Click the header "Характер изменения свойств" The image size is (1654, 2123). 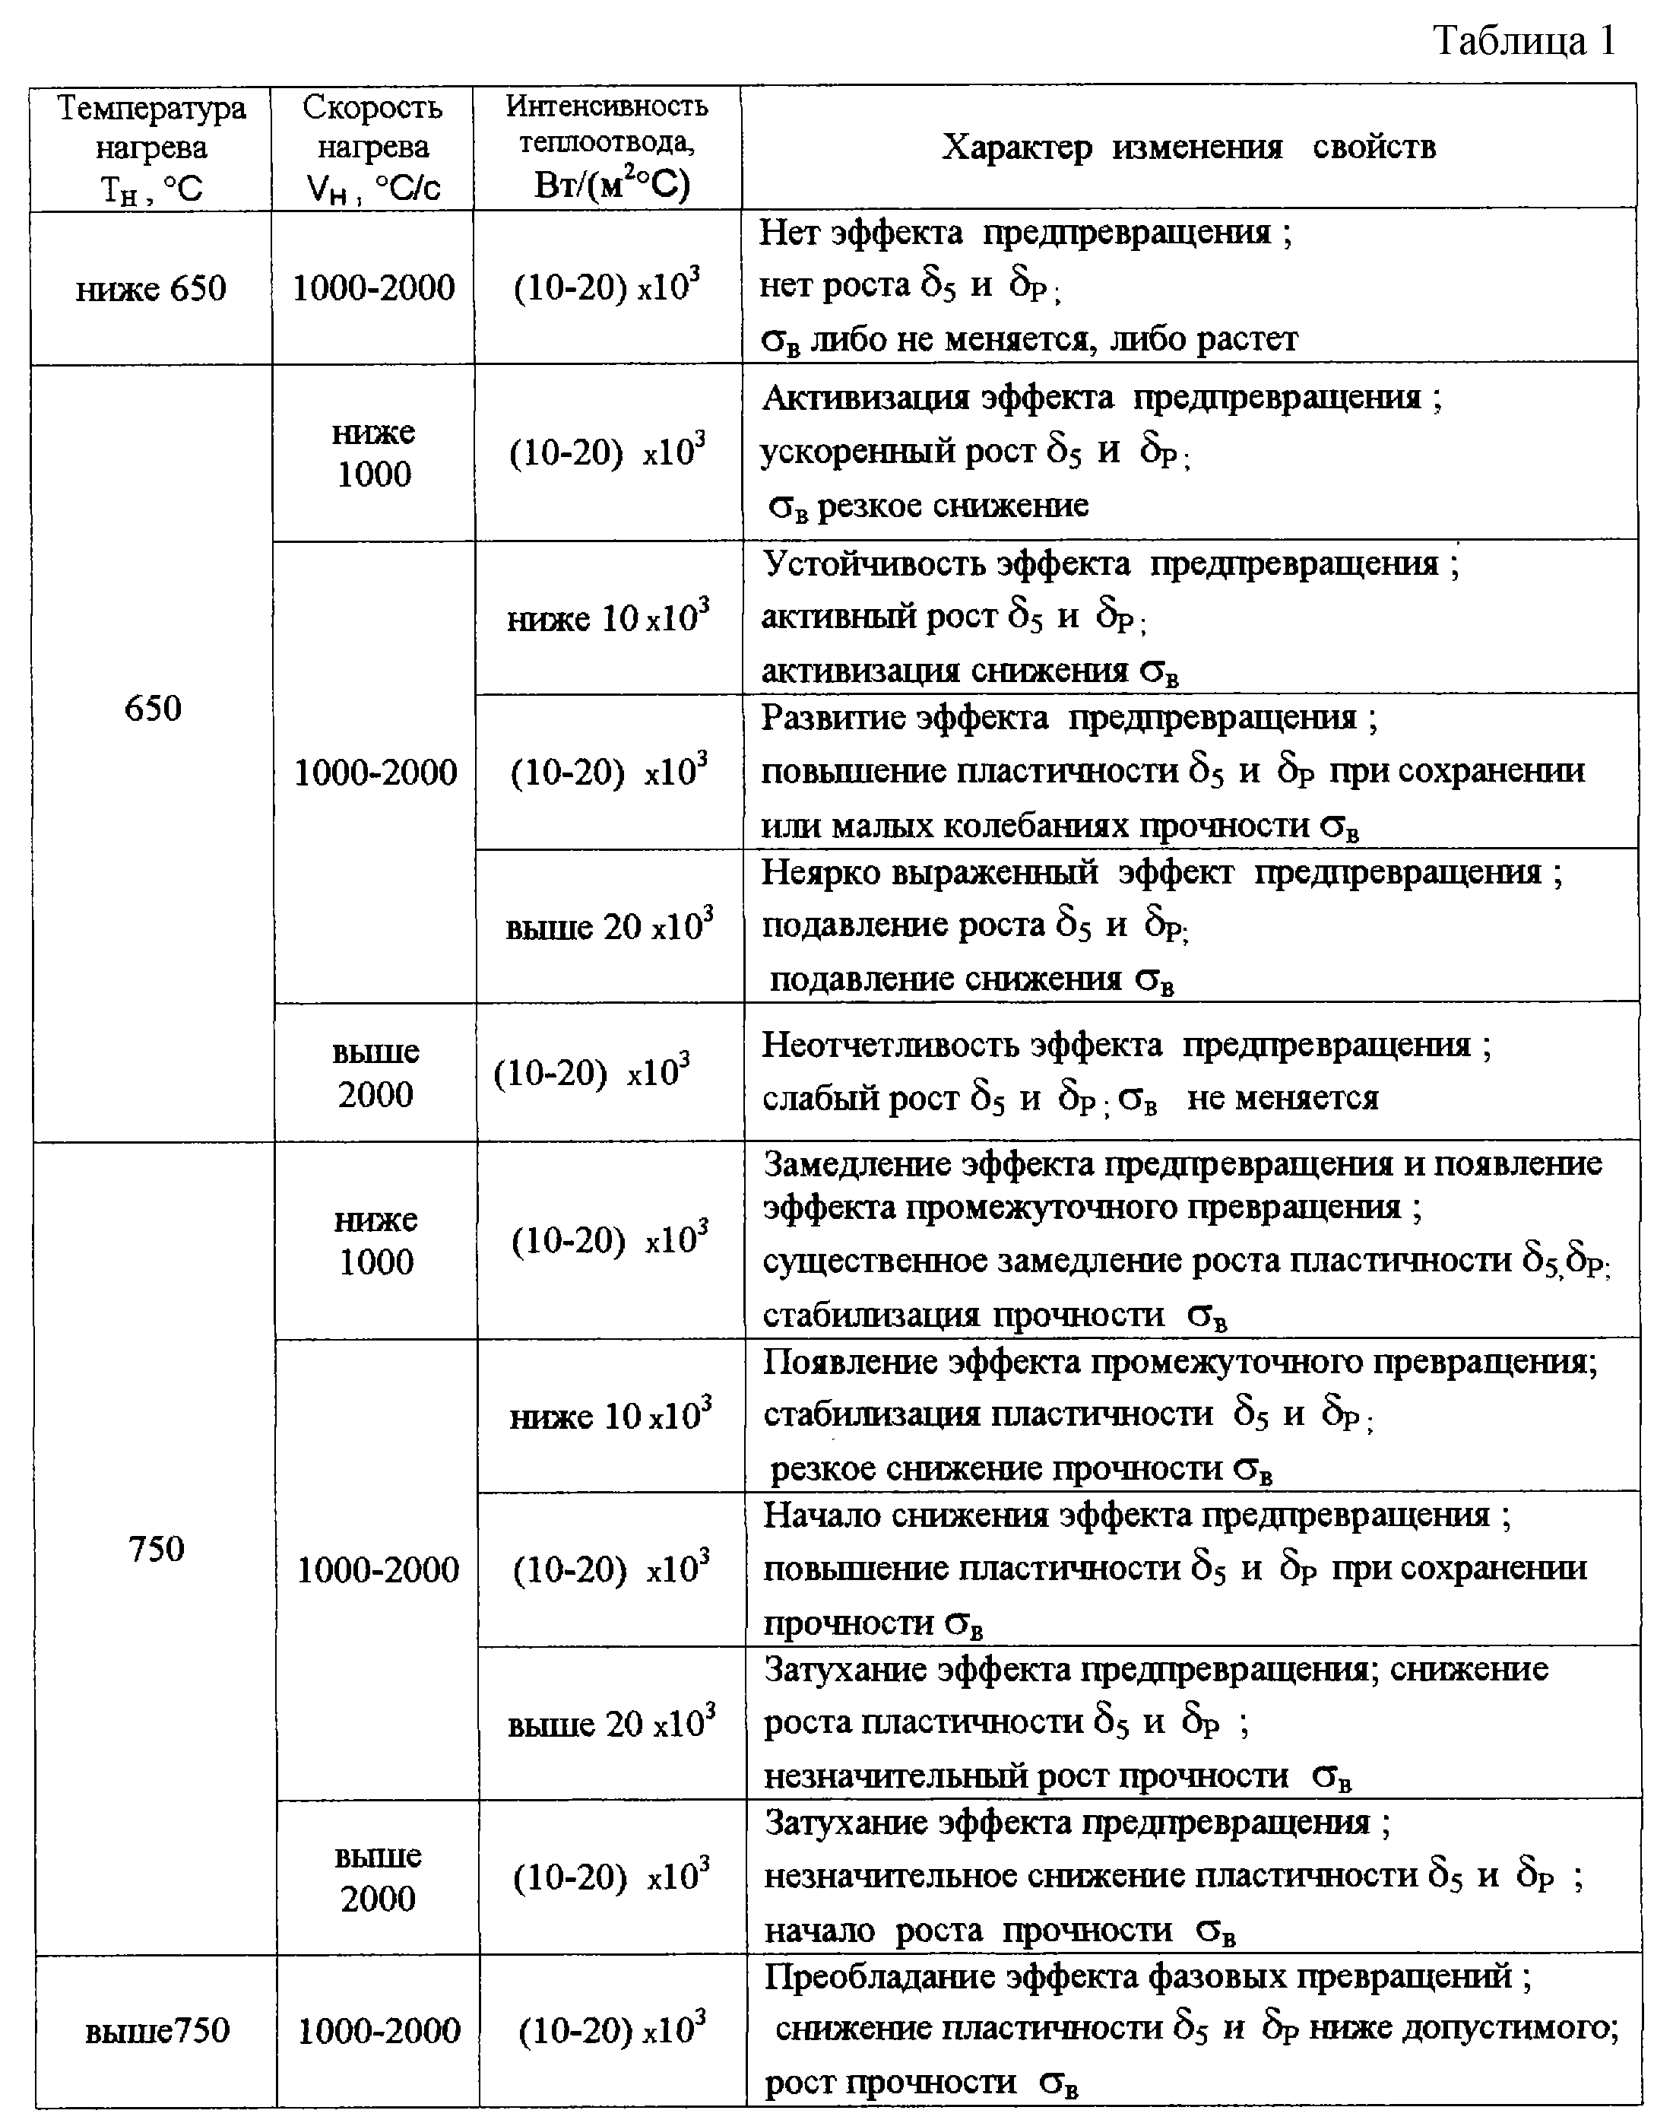[x=1189, y=148]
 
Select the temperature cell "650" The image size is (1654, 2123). [x=154, y=708]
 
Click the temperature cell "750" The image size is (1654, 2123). [x=156, y=1547]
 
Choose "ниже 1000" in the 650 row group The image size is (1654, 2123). [x=373, y=453]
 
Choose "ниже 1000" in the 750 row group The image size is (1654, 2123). [x=376, y=1240]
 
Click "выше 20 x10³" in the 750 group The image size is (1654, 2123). [x=611, y=1724]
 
